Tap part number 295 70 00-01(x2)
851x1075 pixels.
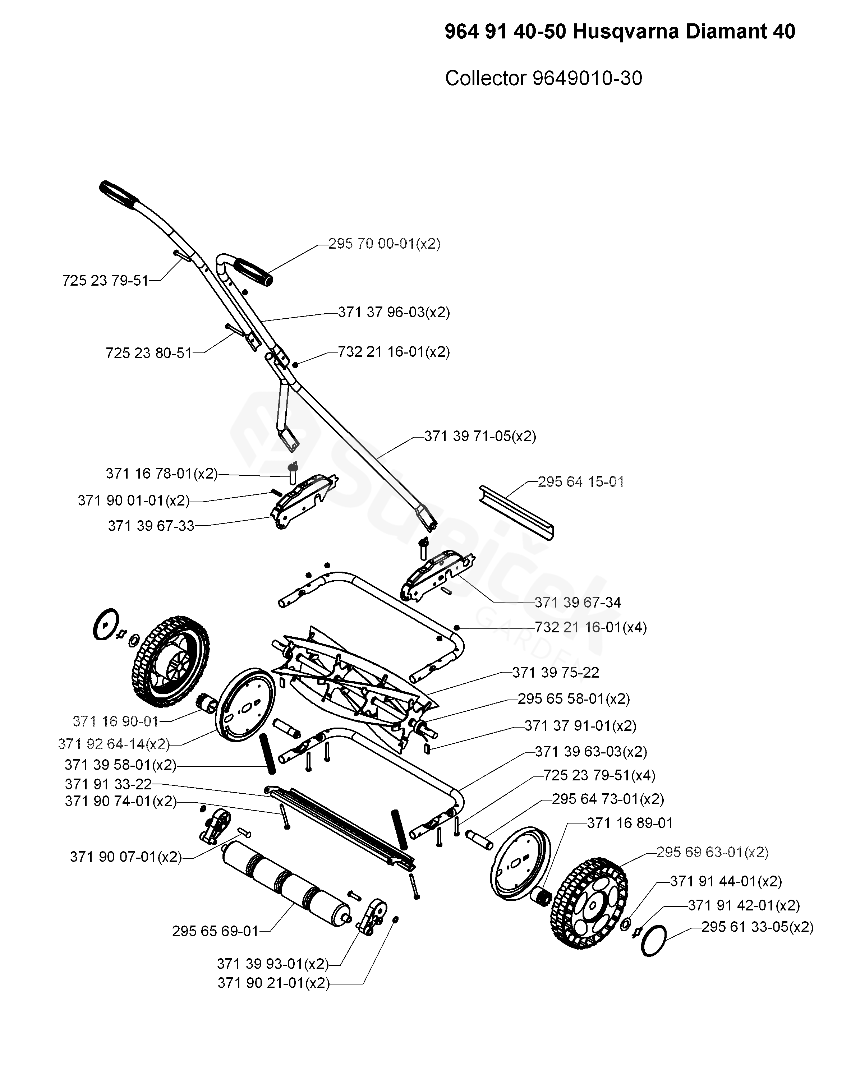click(384, 244)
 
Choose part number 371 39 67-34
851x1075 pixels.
click(578, 603)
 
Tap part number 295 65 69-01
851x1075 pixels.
click(215, 931)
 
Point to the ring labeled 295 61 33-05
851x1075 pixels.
click(654, 941)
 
